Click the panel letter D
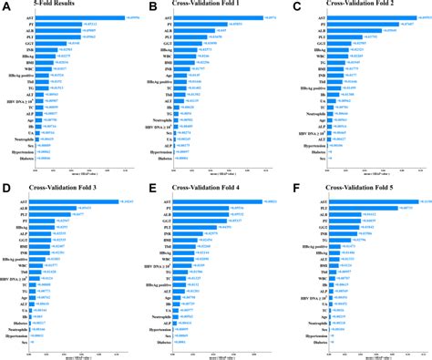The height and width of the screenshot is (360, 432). pos(6,187)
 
